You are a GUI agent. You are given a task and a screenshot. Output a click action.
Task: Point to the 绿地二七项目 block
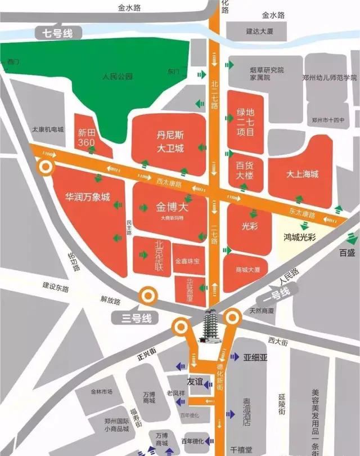pyautogui.click(x=245, y=121)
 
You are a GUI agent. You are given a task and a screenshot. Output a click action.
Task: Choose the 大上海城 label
pyautogui.click(x=302, y=174)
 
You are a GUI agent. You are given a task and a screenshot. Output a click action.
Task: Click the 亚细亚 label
pyautogui.click(x=257, y=357)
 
